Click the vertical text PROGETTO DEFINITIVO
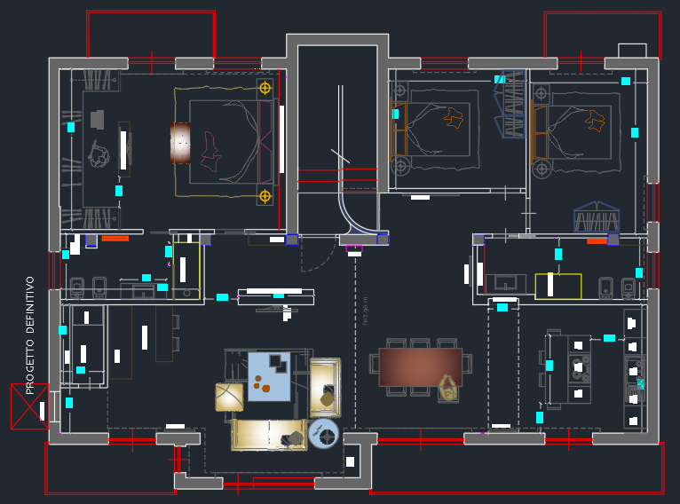pyautogui.click(x=29, y=335)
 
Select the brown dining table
pyautogui.click(x=420, y=366)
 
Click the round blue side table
pyautogui.click(x=324, y=434)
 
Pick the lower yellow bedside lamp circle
pyautogui.click(x=265, y=196)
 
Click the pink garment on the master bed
pyautogui.click(x=210, y=151)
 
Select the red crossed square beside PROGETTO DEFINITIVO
pyautogui.click(x=29, y=406)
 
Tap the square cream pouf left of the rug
pyautogui.click(x=229, y=397)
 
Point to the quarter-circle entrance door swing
pyautogui.click(x=358, y=213)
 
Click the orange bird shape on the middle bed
pyautogui.click(x=455, y=117)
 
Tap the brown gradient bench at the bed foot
pyautogui.click(x=180, y=143)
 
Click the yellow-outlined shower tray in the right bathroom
pyautogui.click(x=557, y=286)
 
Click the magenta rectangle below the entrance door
pyautogui.click(x=354, y=248)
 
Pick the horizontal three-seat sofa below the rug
pyautogui.click(x=269, y=435)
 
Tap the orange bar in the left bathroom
pyautogui.click(x=115, y=238)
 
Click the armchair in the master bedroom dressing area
pyautogui.click(x=99, y=155)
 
